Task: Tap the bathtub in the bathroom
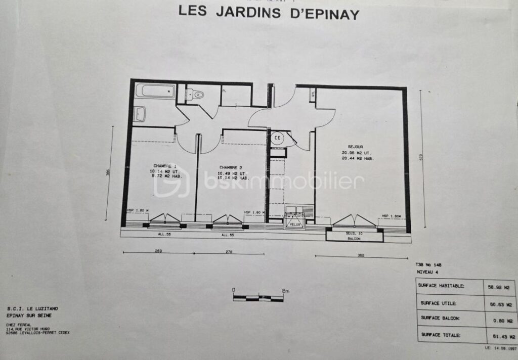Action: click(156, 92)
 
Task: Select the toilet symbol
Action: click(195, 94)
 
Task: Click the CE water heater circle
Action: click(277, 138)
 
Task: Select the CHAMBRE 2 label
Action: click(230, 167)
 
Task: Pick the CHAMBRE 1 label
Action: click(165, 166)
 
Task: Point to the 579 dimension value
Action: click(420, 157)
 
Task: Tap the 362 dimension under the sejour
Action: click(360, 255)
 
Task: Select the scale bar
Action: click(258, 297)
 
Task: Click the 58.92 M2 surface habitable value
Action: click(498, 286)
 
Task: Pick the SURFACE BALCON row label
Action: click(439, 318)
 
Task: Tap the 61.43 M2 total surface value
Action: click(498, 336)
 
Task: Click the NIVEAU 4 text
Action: click(428, 272)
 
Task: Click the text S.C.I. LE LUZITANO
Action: click(29, 309)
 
